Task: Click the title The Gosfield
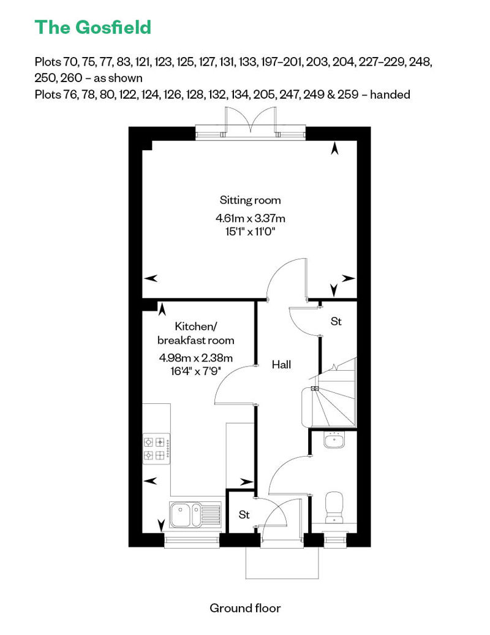click(x=93, y=27)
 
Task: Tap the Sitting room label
click(x=250, y=200)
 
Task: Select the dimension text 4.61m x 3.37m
click(x=251, y=218)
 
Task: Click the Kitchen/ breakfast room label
click(x=196, y=333)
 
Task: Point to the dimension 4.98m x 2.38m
click(x=196, y=358)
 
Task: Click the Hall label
click(x=281, y=365)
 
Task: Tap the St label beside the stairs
click(x=336, y=321)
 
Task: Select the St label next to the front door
click(x=244, y=514)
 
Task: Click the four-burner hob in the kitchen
click(x=156, y=449)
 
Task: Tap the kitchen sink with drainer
click(x=195, y=514)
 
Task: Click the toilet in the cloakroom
click(x=334, y=507)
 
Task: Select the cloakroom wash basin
click(x=334, y=440)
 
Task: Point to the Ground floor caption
click(x=245, y=608)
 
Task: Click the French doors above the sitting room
click(x=251, y=120)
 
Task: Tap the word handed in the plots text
click(x=390, y=94)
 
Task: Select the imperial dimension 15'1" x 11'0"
click(x=251, y=232)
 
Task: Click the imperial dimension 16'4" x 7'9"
click(x=196, y=371)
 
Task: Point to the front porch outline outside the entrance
click(x=282, y=579)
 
